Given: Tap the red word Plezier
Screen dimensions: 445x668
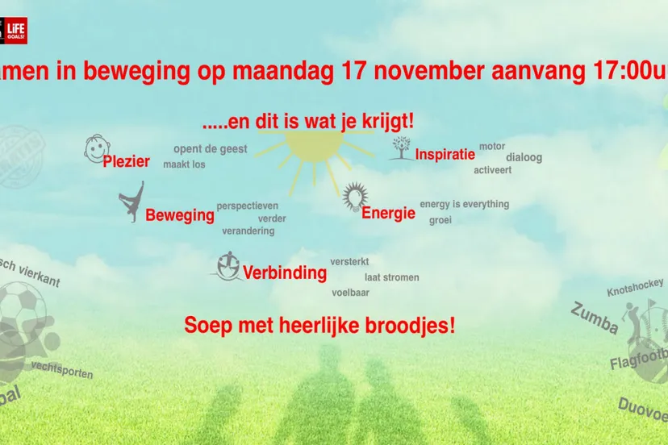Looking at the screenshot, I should [x=127, y=161].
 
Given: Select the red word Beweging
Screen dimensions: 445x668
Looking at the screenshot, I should [x=180, y=215].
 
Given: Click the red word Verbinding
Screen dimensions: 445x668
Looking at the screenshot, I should [x=285, y=272].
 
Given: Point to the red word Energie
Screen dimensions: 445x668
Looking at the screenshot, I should [x=388, y=214].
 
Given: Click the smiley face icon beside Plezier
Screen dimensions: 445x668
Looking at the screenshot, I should [x=97, y=149].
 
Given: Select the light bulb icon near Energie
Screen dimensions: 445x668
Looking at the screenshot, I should [x=354, y=197].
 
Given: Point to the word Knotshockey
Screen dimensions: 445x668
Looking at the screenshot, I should [x=637, y=286].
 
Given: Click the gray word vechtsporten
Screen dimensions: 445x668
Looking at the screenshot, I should [x=62, y=369].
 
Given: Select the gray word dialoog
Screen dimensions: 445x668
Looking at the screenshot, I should [x=524, y=157].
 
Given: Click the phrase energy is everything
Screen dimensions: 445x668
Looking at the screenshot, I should [x=464, y=204].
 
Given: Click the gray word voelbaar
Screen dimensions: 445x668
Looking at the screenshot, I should [x=350, y=293].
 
